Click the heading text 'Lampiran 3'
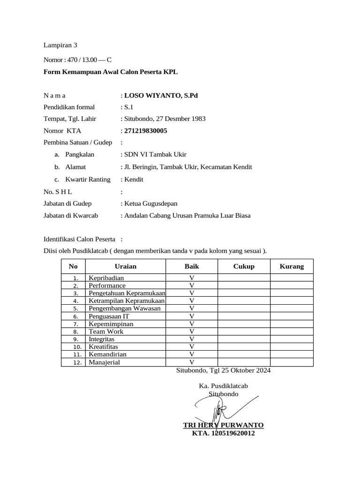pyautogui.click(x=60, y=45)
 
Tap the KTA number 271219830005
pyautogui.click(x=145, y=131)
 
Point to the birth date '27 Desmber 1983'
pyautogui.click(x=180, y=119)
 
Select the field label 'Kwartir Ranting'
pyautogui.click(x=88, y=179)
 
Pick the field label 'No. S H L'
pyautogui.click(x=58, y=191)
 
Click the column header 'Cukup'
pyautogui.click(x=244, y=266)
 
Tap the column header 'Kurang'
pyautogui.click(x=292, y=266)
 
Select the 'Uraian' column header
pyautogui.click(x=126, y=266)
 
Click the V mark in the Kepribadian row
pyautogui.click(x=191, y=278)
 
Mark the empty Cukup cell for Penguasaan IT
pyautogui.click(x=244, y=316)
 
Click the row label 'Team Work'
pyautogui.click(x=106, y=331)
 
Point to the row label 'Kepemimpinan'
pyautogui.click(x=111, y=324)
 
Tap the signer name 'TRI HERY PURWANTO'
pyautogui.click(x=223, y=425)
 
